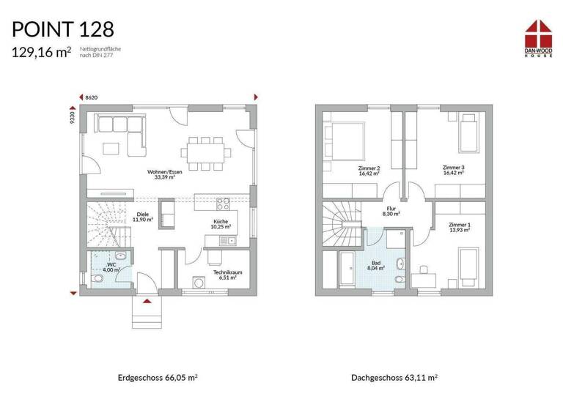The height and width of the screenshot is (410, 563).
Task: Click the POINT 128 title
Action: (x=62, y=29)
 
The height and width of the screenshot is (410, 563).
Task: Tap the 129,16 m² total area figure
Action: (x=41, y=52)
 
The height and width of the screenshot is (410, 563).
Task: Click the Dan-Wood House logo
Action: (x=541, y=37)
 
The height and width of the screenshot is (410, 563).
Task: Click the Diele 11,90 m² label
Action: (x=144, y=217)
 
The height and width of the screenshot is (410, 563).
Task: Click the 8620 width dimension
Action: (x=92, y=97)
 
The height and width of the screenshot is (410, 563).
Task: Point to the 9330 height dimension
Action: (x=73, y=119)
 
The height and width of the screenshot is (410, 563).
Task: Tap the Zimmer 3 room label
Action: (x=453, y=171)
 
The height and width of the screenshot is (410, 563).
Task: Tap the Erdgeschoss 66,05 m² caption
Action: (x=158, y=378)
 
